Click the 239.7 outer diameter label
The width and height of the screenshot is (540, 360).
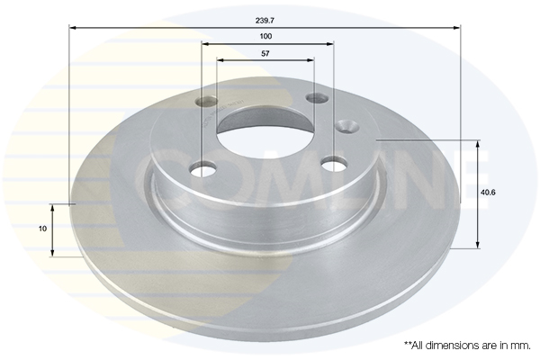pos(265,21)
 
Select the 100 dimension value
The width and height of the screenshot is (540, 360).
pos(265,36)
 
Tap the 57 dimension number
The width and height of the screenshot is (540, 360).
pos(265,53)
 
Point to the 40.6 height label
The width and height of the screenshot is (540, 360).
pos(488,193)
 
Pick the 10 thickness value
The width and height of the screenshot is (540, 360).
pos(42,229)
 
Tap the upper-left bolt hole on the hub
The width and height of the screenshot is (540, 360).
pos(206,102)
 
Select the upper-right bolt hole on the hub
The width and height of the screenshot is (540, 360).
pos(317,98)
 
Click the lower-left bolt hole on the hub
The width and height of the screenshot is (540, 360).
pos(203,169)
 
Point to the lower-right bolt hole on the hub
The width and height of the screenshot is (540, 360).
pos(334,163)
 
